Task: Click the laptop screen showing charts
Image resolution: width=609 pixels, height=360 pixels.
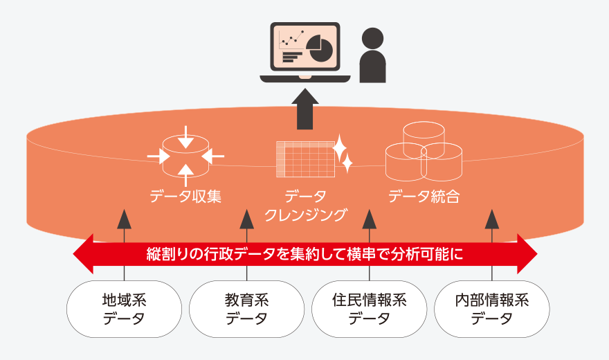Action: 305,46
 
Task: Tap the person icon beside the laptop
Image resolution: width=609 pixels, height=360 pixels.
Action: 372,55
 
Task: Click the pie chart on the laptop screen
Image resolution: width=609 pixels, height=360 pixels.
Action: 320,48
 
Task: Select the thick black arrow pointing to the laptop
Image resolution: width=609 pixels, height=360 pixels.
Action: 305,109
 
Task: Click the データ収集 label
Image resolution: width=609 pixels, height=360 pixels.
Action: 185,197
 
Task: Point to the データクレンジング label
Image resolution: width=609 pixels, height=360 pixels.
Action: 305,206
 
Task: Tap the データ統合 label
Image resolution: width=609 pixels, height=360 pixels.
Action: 424,197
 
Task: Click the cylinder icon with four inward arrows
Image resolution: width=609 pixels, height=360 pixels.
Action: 185,156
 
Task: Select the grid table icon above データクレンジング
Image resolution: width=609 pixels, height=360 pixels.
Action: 305,159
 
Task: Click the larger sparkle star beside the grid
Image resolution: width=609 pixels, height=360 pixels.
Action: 340,148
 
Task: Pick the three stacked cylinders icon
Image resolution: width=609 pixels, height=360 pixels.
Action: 424,152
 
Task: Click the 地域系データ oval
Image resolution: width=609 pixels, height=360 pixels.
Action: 125,309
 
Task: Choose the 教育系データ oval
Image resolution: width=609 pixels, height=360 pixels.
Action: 246,309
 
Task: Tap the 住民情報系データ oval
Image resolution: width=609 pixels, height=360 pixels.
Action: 370,309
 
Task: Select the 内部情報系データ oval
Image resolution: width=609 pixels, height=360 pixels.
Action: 492,309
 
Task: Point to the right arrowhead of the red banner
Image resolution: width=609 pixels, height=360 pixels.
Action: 527,254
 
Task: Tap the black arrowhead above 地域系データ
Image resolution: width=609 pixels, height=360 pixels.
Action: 125,219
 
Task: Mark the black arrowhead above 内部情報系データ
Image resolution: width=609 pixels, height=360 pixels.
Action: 492,219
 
